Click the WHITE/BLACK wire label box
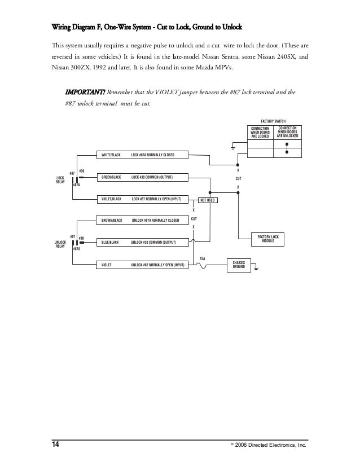click(x=111, y=155)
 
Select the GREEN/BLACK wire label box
click(x=111, y=177)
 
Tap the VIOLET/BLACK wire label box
click(x=111, y=199)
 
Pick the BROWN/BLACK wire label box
click(x=111, y=220)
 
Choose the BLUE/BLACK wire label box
click(x=111, y=242)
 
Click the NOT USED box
click(x=207, y=200)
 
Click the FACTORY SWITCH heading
click(x=274, y=121)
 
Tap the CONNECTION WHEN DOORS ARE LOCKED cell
click(x=260, y=133)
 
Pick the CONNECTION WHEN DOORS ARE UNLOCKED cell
click(x=287, y=133)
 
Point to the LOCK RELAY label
click(x=60, y=179)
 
